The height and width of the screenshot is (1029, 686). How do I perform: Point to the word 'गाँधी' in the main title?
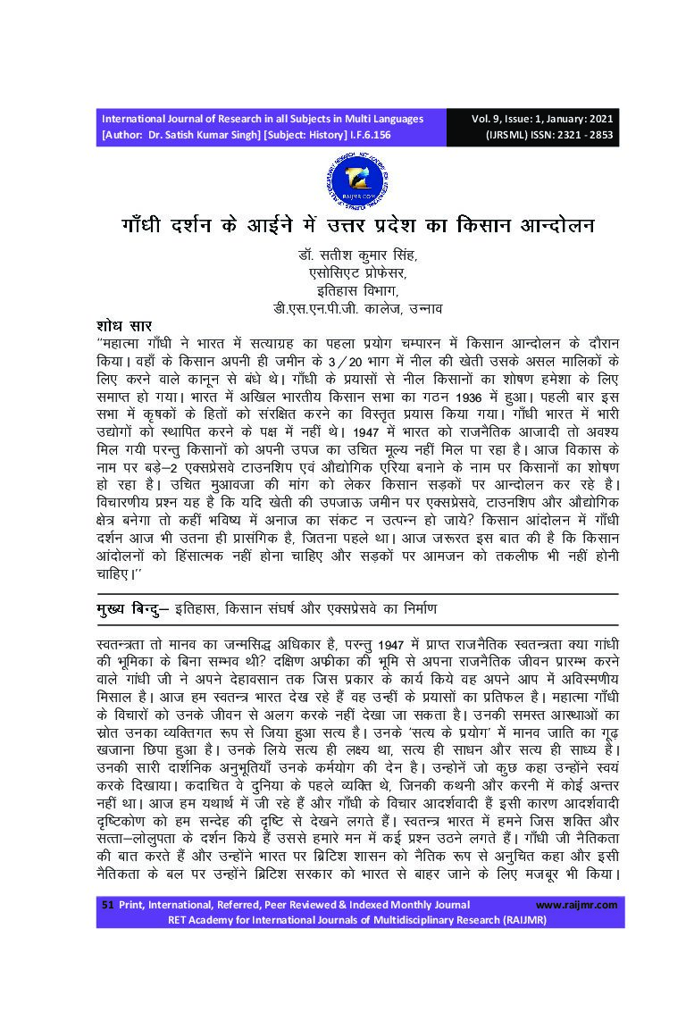pos(148,225)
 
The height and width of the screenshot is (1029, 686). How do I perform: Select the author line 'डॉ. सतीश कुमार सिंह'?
pos(357,255)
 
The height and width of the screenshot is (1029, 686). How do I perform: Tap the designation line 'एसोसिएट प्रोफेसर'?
pos(357,273)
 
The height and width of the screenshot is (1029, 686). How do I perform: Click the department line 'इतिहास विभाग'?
pos(357,291)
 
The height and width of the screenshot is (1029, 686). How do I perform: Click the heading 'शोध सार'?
pos(127,324)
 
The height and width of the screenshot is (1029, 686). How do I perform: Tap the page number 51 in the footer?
pos(108,905)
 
